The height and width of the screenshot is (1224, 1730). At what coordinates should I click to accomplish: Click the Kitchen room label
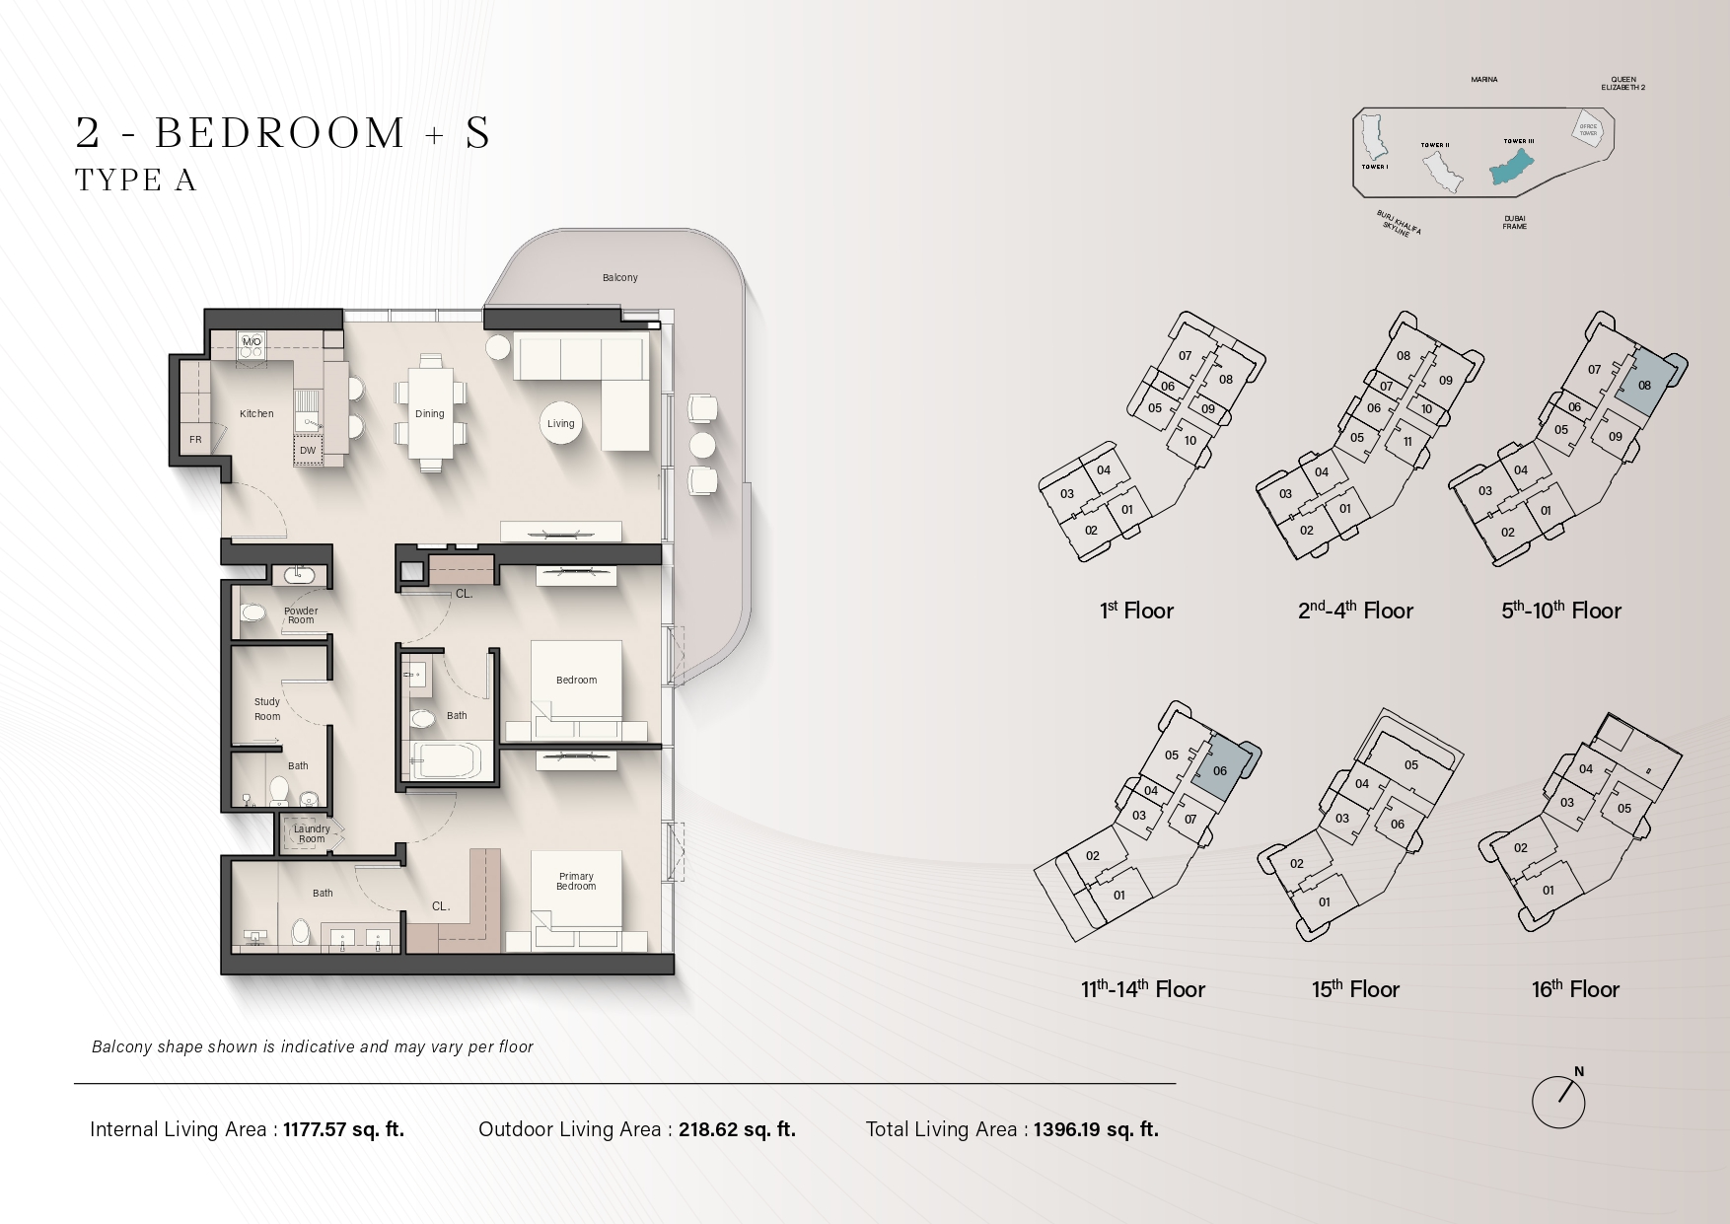coord(256,414)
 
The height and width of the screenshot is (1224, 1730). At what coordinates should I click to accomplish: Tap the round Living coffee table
coord(560,423)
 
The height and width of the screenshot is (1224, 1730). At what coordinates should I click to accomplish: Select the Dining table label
coord(429,414)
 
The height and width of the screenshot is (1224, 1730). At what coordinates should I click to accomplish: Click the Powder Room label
coord(301,615)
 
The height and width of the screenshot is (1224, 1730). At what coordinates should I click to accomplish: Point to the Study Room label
coord(267,709)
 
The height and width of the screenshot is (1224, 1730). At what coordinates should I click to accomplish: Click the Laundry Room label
coord(312,833)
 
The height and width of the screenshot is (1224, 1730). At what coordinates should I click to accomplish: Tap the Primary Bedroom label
coord(576,881)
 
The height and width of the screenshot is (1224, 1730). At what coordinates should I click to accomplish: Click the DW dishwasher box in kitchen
coord(308,451)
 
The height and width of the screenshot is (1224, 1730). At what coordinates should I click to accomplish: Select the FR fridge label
coord(195,440)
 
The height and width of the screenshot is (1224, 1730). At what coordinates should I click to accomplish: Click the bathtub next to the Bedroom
coord(446,760)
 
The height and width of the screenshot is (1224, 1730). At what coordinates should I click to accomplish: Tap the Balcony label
coord(620,278)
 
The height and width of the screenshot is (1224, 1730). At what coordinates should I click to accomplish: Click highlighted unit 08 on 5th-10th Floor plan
coord(1644,385)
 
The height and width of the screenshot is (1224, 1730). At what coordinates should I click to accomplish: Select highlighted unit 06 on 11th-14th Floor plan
coord(1220,770)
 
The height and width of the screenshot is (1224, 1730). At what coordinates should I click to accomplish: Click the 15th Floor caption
coord(1355,989)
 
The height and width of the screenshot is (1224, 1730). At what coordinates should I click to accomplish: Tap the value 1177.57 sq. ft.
coord(343,1129)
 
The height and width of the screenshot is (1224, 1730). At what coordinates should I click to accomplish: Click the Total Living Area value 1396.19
coord(1096,1129)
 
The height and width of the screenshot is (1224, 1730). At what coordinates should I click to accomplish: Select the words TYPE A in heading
coord(136,180)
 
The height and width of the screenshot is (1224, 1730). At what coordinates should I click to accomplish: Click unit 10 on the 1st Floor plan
coord(1190,440)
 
